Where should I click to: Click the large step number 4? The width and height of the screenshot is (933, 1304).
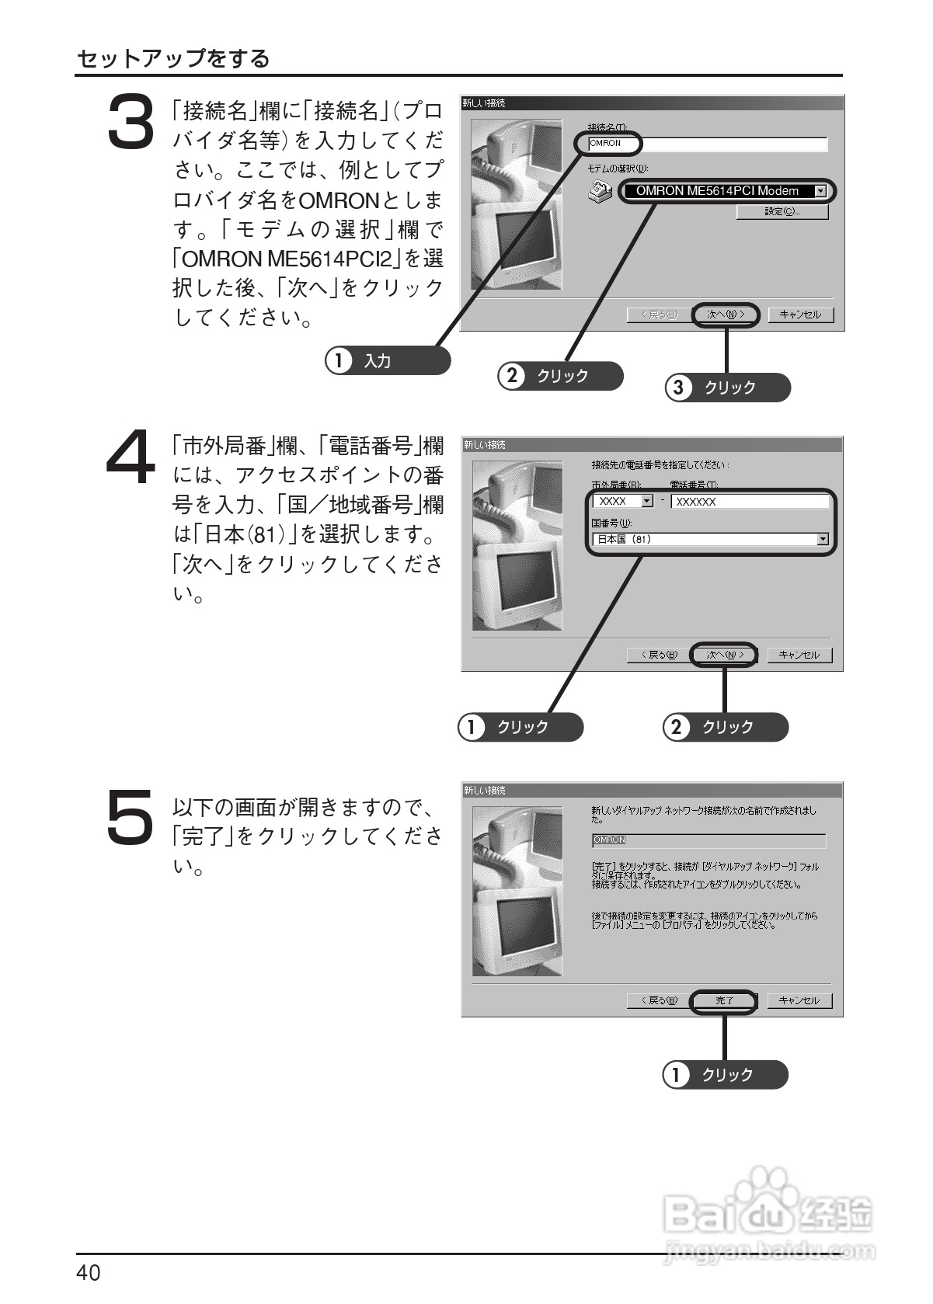pyautogui.click(x=131, y=457)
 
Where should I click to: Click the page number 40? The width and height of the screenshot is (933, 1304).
pyautogui.click(x=89, y=1273)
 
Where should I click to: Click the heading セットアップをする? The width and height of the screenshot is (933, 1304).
pyautogui.click(x=173, y=58)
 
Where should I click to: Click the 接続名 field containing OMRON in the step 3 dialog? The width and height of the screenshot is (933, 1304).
pyautogui.click(x=707, y=144)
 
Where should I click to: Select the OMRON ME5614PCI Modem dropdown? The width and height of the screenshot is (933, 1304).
pyautogui.click(x=726, y=191)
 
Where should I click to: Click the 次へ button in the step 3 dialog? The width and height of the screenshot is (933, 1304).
pyautogui.click(x=726, y=315)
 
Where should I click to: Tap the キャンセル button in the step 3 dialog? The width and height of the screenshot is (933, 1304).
pyautogui.click(x=800, y=315)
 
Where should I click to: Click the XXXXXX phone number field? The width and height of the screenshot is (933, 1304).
pyautogui.click(x=749, y=502)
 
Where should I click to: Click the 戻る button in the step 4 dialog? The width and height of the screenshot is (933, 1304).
pyautogui.click(x=658, y=655)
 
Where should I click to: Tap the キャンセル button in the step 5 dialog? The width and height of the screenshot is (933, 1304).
pyautogui.click(x=799, y=1000)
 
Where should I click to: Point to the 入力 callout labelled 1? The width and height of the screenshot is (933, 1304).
pyautogui.click(x=388, y=361)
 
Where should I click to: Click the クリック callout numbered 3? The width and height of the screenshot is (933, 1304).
pyautogui.click(x=727, y=388)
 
